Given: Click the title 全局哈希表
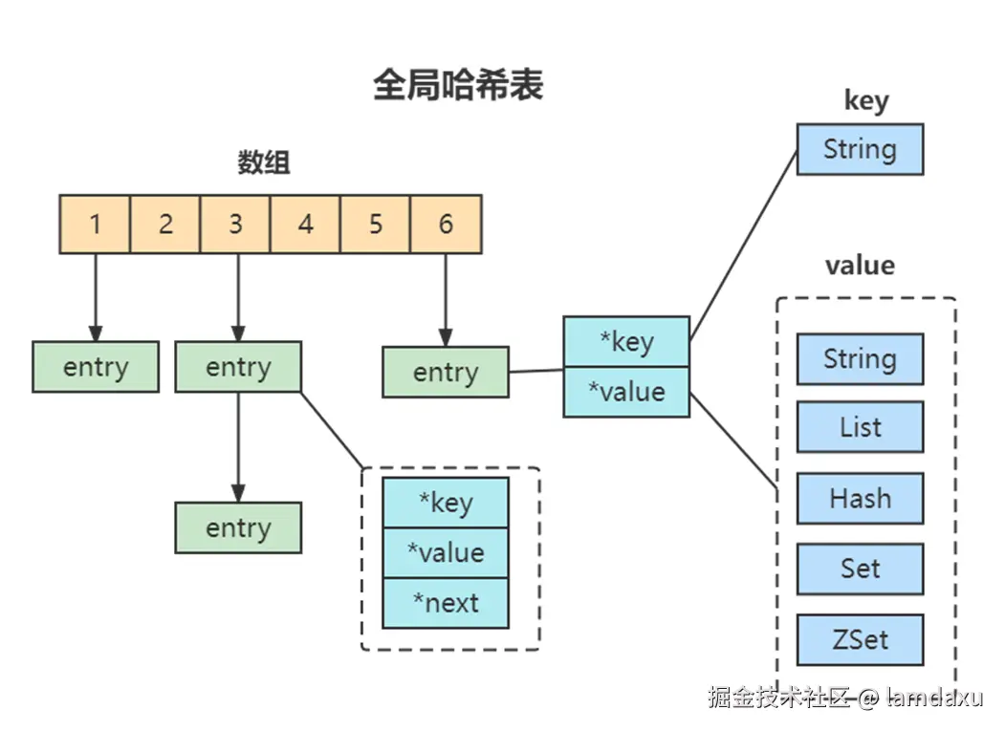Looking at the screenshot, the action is (x=458, y=85).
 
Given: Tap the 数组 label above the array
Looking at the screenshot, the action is (x=263, y=162).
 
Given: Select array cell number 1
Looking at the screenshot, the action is (x=95, y=225).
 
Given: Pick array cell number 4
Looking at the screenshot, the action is (x=305, y=225).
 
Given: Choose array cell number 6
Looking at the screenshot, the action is (x=447, y=225).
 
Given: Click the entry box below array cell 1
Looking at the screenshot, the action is (x=96, y=367).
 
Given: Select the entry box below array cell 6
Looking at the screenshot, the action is (x=446, y=373).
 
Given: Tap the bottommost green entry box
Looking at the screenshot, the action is (x=238, y=527).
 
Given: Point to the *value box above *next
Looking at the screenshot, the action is (x=446, y=553).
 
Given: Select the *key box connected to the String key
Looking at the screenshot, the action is (x=627, y=341).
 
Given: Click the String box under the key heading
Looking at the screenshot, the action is (x=861, y=149).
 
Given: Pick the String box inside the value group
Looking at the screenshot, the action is (x=861, y=358).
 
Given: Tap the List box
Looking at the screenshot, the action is (x=861, y=427).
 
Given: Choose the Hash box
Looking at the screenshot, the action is (x=861, y=499).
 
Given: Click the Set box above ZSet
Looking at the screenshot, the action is (x=861, y=569).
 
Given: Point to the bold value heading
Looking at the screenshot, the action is (x=861, y=266).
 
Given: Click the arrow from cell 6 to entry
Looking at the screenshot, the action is (x=446, y=300).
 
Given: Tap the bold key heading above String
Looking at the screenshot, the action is (x=866, y=100).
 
